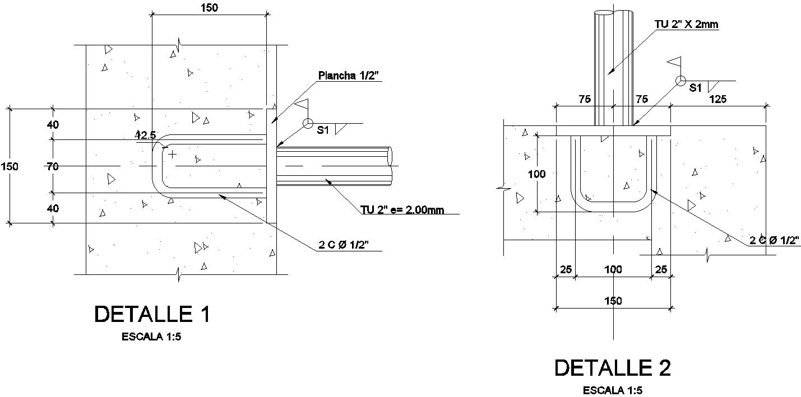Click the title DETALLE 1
point(152,314)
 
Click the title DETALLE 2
point(612,368)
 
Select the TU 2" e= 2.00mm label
point(402,210)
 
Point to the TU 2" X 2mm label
point(687,25)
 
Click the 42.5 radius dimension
point(145,135)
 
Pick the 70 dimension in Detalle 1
point(53,166)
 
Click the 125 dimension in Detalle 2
point(717,99)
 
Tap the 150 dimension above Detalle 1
point(209,7)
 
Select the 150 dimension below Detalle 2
point(613,301)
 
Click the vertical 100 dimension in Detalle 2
point(537,174)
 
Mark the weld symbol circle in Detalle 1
point(307,124)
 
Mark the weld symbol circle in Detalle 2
point(680,81)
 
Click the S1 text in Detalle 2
point(696,88)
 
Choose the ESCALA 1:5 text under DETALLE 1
point(152,337)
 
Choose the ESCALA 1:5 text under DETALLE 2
point(613,390)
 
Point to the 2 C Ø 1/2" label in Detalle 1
point(344,245)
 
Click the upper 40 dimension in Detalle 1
point(53,124)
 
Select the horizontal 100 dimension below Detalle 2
point(613,269)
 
